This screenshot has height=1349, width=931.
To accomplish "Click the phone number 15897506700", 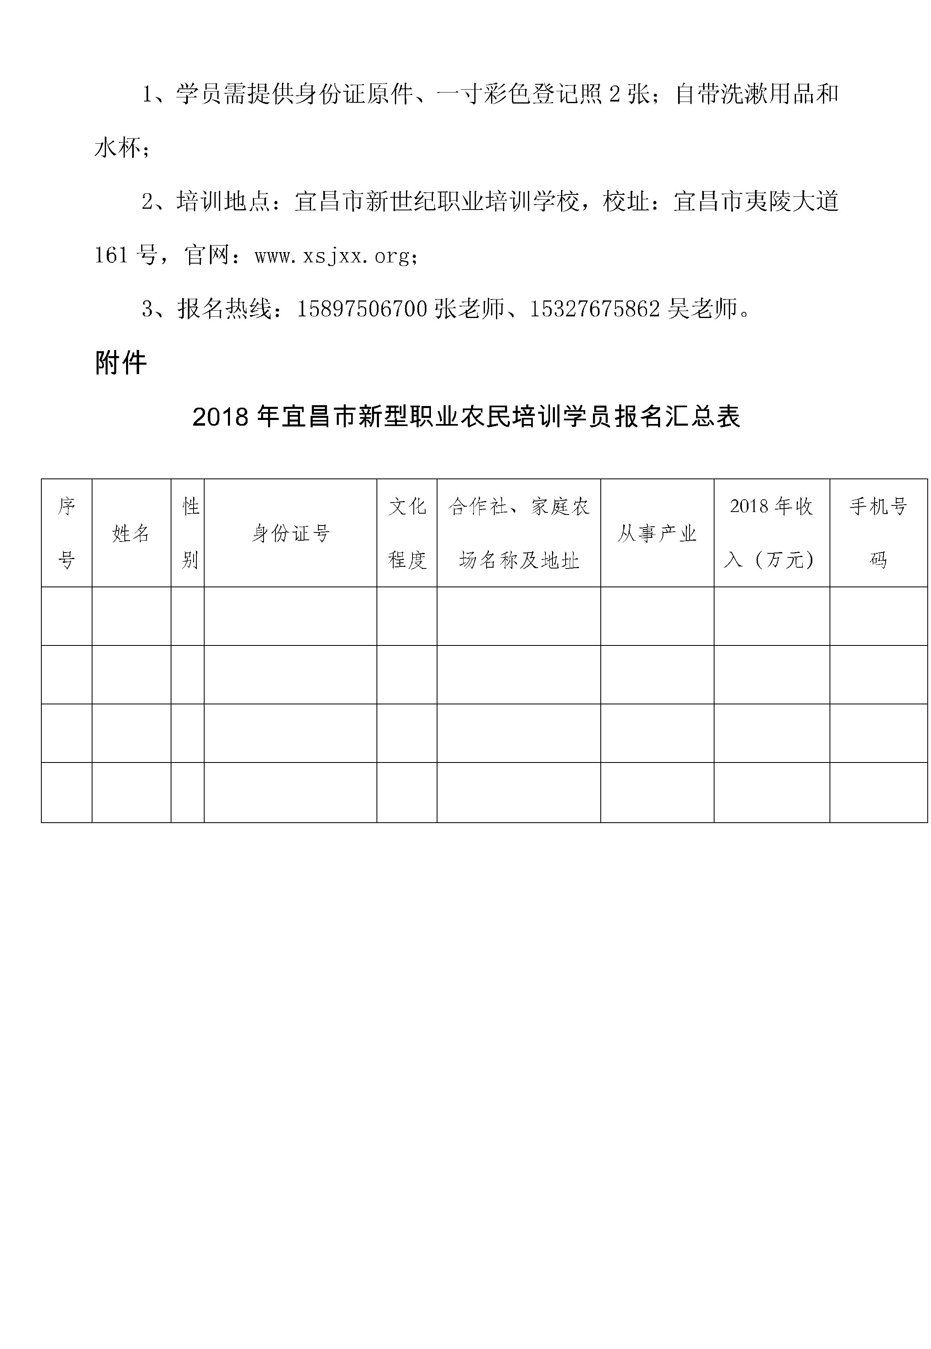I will click(362, 309).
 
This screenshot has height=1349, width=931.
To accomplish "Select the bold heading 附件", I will click(121, 363).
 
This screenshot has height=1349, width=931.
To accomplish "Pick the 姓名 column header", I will click(131, 533).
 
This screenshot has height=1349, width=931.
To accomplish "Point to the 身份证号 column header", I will click(291, 533).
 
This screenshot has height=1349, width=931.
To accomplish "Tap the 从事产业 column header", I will click(657, 533).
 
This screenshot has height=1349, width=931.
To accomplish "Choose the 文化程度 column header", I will click(407, 533).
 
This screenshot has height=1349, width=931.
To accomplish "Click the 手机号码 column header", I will click(878, 533).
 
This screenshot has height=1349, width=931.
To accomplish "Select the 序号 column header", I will click(66, 533).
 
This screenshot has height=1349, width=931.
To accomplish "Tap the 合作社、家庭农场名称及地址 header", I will click(518, 533).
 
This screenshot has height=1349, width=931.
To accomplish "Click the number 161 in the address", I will click(111, 255).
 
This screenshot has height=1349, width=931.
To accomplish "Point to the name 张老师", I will click(469, 309).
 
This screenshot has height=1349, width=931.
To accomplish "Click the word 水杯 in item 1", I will click(117, 148).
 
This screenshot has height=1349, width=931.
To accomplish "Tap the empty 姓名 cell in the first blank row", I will click(131, 616).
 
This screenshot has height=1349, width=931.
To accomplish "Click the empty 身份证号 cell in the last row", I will click(291, 792).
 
